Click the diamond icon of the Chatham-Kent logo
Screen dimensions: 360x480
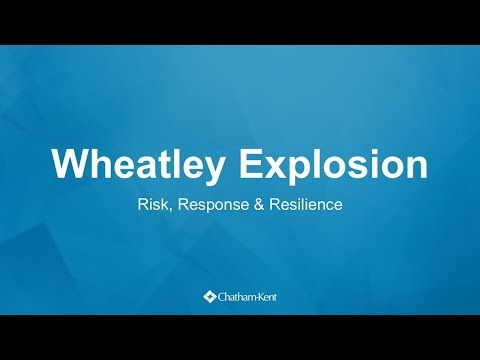tap(209, 296)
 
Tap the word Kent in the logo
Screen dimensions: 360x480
tap(265, 296)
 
